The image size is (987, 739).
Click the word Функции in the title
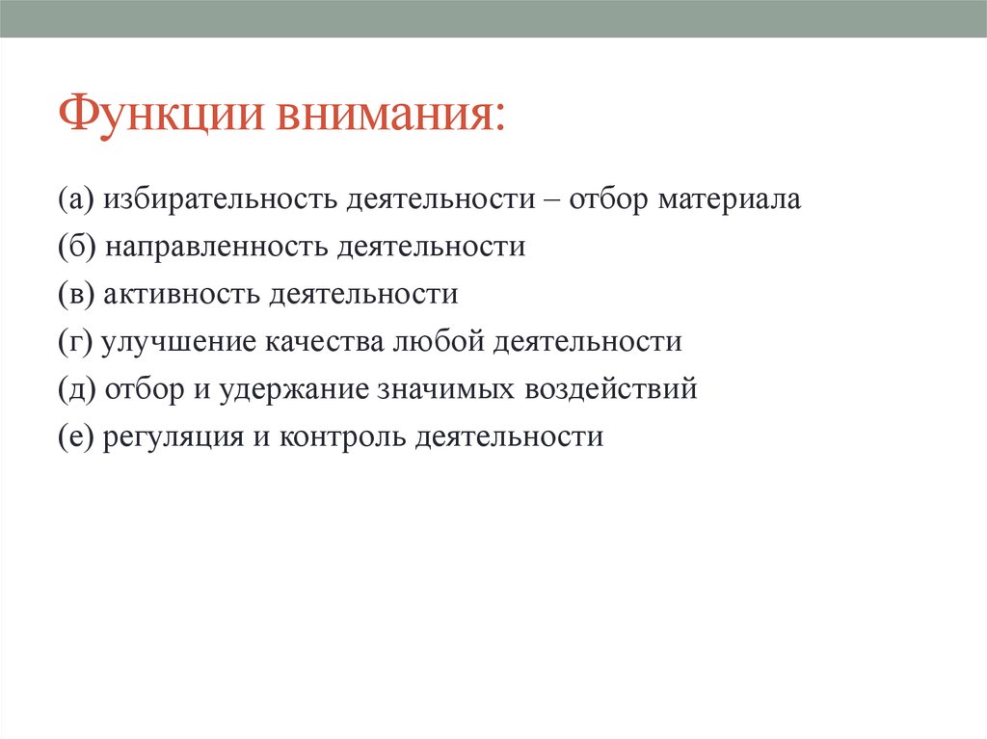[160, 114]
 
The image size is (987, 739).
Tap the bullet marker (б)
[77, 247]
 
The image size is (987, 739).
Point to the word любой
[439, 341]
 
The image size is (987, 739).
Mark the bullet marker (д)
[77, 389]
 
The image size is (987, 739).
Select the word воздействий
[610, 389]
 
